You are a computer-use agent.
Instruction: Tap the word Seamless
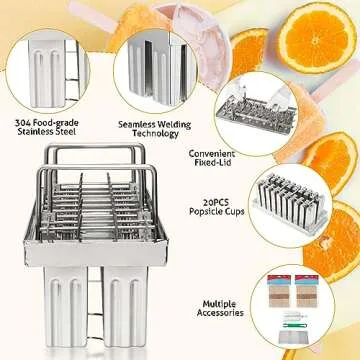138,125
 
